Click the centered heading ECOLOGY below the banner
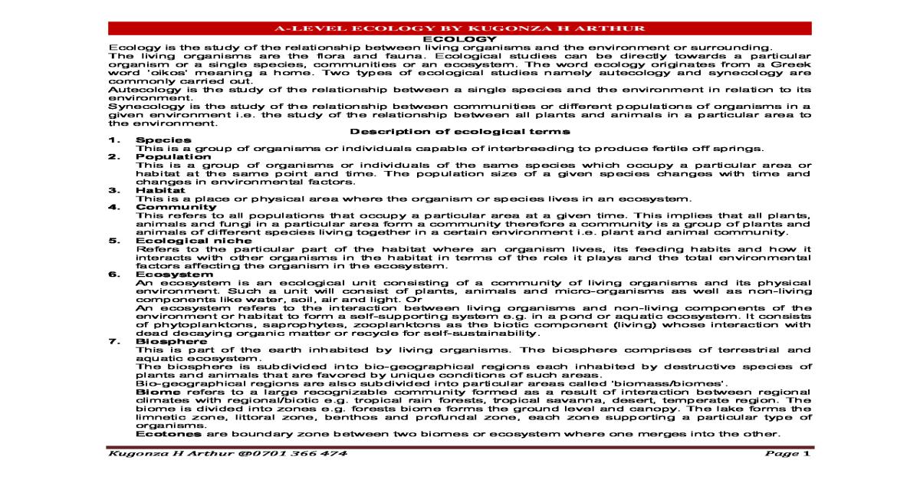click(x=460, y=38)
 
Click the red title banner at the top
click(x=460, y=28)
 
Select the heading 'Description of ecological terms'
click(x=460, y=131)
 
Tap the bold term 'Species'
click(x=153, y=140)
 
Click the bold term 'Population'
click(x=162, y=156)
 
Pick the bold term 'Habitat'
click(x=155, y=189)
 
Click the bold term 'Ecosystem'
click(x=163, y=274)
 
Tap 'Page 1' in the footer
click(x=787, y=453)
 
